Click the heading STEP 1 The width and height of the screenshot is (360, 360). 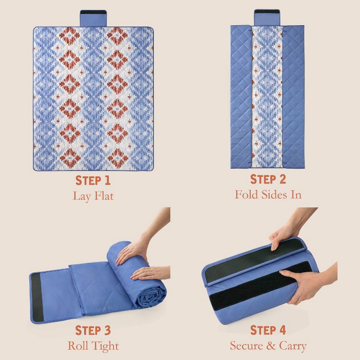93,180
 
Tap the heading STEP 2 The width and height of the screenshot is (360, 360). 268,179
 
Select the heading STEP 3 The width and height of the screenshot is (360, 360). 93,330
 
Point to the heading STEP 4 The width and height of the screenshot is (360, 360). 268,330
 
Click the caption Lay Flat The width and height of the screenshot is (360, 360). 93,196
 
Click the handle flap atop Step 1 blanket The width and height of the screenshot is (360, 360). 93,18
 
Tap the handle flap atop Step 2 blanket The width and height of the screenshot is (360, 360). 267,18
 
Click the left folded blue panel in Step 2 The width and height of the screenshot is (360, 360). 241,97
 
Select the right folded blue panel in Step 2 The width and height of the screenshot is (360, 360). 293,97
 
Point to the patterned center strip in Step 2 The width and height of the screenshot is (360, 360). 267,97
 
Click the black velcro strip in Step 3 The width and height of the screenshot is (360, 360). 37,297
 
